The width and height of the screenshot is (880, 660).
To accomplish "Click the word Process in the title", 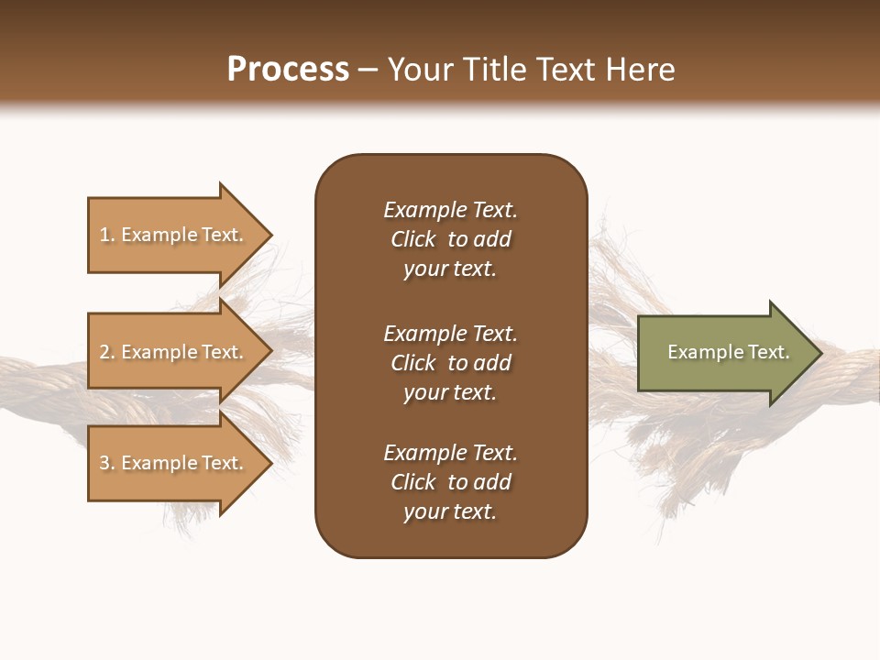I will tap(288, 70).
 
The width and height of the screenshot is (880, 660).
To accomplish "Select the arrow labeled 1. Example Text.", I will tap(174, 235).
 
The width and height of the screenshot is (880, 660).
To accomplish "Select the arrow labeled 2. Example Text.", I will tap(174, 352).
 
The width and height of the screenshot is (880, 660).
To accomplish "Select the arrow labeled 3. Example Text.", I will tap(174, 463).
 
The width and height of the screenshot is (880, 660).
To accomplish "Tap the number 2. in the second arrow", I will tap(107, 352).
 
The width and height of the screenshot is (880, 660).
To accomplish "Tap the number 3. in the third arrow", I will tap(107, 463).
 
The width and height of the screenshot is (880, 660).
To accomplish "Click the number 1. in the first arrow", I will tap(107, 235).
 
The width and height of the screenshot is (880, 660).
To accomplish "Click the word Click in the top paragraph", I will tap(413, 239).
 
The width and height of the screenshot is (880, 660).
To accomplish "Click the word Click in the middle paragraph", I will tap(413, 363).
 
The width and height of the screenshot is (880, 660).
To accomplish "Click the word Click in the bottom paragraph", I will tap(413, 482).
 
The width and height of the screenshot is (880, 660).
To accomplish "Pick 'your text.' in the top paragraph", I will tap(450, 269).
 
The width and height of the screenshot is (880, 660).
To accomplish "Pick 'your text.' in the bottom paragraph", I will tap(450, 512).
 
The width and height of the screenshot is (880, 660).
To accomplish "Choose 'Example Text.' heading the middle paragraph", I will tap(450, 334).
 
